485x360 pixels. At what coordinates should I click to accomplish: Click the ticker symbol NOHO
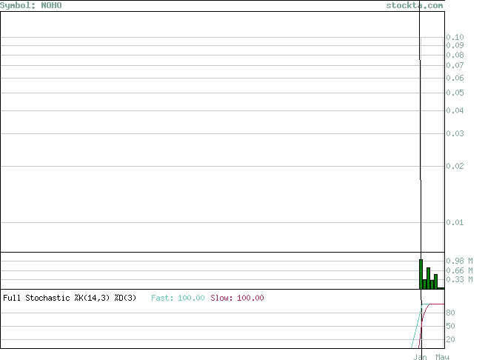[x=51, y=6]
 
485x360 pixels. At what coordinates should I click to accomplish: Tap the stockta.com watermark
[x=415, y=6]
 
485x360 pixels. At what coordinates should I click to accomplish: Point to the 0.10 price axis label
[x=455, y=37]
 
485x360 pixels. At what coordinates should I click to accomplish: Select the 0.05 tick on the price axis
[x=455, y=93]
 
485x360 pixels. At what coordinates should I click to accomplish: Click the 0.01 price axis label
[x=455, y=222]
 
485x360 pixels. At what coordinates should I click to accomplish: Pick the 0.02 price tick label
[x=455, y=166]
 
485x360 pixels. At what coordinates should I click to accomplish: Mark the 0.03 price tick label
[x=455, y=133]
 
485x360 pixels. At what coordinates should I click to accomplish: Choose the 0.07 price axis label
[x=455, y=65]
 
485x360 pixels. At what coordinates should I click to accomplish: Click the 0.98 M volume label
[x=459, y=261]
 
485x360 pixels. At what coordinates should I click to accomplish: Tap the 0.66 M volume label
[x=459, y=270]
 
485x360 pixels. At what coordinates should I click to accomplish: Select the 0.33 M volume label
[x=459, y=279]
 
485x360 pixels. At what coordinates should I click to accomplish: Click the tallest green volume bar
[x=421, y=274]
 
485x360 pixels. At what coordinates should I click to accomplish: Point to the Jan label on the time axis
[x=421, y=357]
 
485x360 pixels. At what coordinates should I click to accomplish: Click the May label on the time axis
[x=442, y=357]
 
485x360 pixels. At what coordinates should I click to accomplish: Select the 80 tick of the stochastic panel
[x=450, y=313]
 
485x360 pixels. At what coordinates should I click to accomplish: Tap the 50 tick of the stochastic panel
[x=450, y=326]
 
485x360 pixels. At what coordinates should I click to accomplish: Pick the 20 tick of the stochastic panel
[x=450, y=339]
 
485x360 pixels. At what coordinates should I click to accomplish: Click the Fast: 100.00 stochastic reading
[x=178, y=298]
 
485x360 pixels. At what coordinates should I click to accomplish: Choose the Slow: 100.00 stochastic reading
[x=237, y=298]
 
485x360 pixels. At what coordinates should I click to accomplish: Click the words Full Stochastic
[x=36, y=298]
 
